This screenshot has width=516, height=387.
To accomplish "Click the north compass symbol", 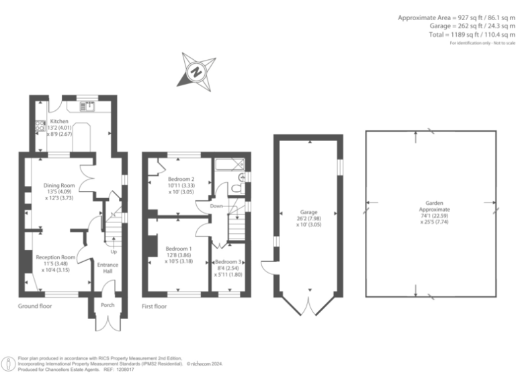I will [x=196, y=71].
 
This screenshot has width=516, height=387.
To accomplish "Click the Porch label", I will [x=107, y=305].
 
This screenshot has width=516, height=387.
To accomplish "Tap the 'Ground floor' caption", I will [x=35, y=306].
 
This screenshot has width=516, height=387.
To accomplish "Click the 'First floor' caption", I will [x=154, y=306].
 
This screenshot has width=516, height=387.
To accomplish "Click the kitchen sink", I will [x=88, y=105].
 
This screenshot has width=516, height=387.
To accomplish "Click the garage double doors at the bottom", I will [x=309, y=306].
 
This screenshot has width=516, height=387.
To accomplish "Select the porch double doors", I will [x=106, y=322].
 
